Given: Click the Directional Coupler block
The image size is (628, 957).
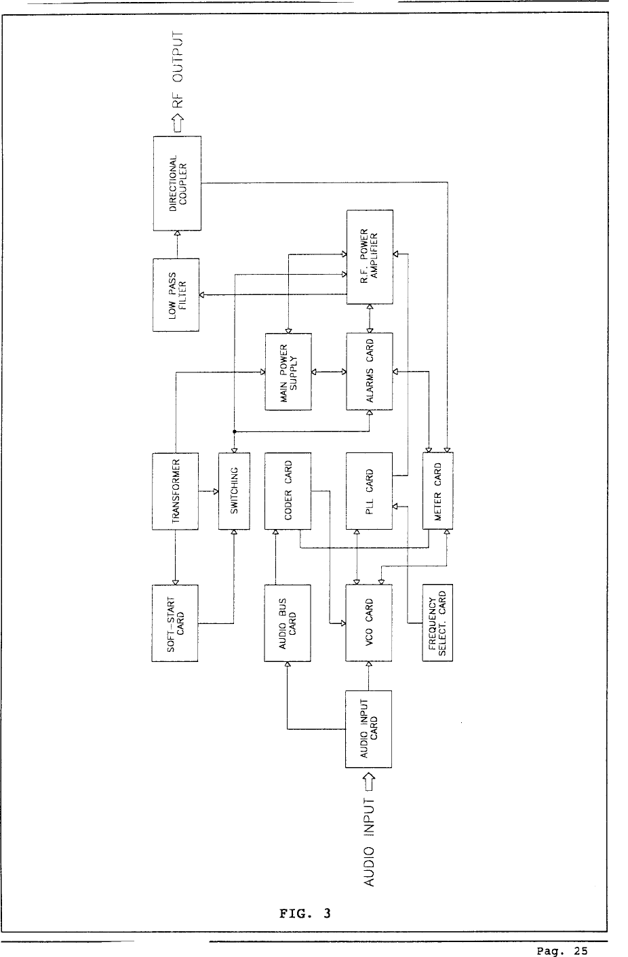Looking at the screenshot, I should pos(177,183).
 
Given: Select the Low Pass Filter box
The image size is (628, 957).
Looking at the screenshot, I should pos(176,294).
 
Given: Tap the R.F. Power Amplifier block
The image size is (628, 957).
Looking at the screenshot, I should pos(370,257).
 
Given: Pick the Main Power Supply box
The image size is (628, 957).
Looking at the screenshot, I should pos(288,372).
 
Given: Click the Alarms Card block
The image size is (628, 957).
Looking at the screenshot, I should pos(370,372).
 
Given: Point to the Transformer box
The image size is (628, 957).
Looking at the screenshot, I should pos(176,491).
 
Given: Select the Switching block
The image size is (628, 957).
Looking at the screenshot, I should pos(234,491).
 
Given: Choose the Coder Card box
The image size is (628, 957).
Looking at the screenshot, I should pos(288,491).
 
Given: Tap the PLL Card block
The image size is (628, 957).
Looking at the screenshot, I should pos(370,491).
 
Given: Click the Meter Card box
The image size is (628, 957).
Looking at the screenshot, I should pos(437,491).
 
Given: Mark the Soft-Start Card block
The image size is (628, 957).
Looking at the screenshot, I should pos(175,623).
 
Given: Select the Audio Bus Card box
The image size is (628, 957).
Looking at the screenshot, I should pos(288,623).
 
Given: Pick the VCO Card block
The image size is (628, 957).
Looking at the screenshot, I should pos(370,623).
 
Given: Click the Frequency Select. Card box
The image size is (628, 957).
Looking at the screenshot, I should pos(437,623).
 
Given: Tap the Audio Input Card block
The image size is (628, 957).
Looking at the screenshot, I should pos(369,729).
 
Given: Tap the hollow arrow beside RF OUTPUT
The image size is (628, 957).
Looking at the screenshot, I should pos(179,123).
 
